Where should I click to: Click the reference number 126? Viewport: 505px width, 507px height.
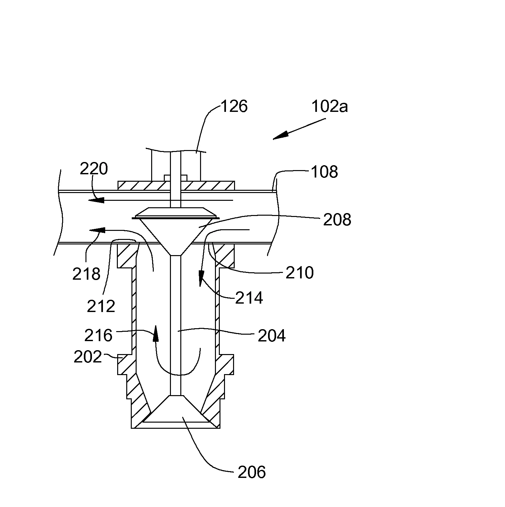[x=234, y=106]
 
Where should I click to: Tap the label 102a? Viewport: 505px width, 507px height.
[x=329, y=106]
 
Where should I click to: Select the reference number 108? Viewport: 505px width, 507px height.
[x=324, y=172]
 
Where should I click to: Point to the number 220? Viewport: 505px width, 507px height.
[x=94, y=168]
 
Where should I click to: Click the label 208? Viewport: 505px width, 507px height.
[x=337, y=220]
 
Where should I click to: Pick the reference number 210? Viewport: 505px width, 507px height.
[x=299, y=273]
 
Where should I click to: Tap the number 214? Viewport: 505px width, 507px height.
[x=249, y=297]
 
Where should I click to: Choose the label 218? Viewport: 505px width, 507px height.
[x=86, y=274]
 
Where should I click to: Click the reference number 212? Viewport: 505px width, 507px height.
[x=101, y=306]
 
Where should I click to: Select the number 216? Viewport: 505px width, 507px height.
[x=98, y=335]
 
